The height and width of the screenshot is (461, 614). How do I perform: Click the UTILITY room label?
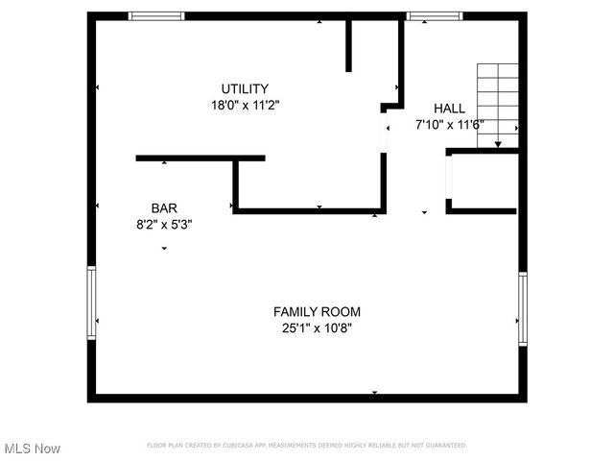point(246,88)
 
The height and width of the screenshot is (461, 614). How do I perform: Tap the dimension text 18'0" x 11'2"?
point(246,105)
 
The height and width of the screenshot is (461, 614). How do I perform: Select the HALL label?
point(449,109)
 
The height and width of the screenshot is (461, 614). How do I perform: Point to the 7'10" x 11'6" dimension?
point(449,124)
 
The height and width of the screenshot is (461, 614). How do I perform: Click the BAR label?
point(163,207)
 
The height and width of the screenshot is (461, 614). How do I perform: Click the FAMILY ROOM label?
point(317,311)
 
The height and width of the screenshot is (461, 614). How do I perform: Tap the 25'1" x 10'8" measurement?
point(317,328)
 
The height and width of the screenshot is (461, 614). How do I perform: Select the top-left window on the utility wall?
point(156,15)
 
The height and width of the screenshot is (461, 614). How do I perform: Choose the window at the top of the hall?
point(434,15)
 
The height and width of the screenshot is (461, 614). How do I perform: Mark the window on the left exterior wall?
point(92,302)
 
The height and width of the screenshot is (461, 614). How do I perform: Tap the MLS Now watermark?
point(33,449)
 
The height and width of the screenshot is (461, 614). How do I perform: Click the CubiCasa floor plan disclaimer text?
point(307,445)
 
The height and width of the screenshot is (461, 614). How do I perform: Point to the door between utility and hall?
point(385,132)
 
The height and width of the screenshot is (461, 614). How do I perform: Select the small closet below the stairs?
point(485,180)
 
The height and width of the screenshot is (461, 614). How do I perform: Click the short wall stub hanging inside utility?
point(349,44)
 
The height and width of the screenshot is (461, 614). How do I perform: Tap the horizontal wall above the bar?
point(200,158)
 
